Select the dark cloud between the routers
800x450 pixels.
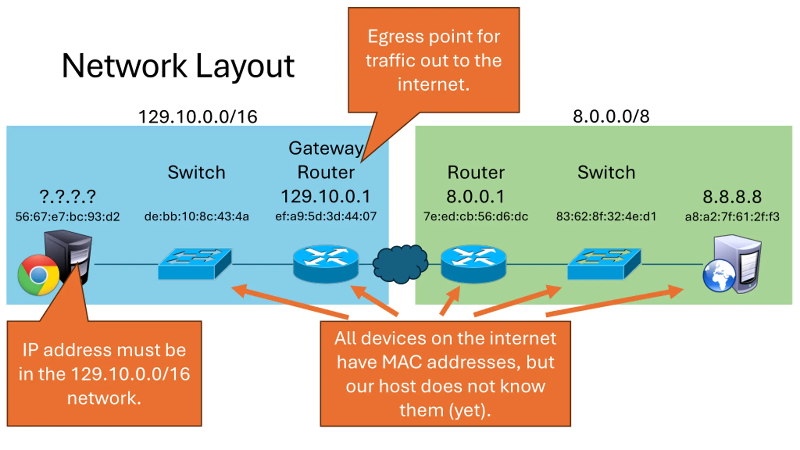[400, 264]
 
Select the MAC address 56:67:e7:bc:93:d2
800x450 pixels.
[67, 217]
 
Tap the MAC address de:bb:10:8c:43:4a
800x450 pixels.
[197, 216]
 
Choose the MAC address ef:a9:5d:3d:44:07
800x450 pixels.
[326, 216]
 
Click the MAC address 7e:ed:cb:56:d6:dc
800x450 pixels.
[476, 216]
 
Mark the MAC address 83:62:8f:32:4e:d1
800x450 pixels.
[606, 216]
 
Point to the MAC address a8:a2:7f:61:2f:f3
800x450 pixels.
[732, 217]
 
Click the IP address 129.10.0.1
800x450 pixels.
[326, 196]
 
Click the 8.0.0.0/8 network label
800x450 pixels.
[611, 116]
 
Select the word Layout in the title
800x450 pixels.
[245, 66]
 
